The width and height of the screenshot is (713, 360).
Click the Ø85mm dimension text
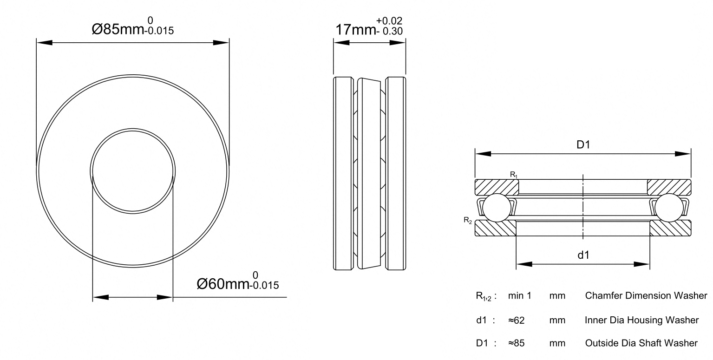point(118,29)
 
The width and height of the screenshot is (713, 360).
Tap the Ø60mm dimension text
point(223,284)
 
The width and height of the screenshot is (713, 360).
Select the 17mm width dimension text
point(355,30)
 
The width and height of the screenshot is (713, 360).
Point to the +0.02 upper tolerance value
point(389,21)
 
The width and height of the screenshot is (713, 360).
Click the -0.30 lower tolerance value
point(389,31)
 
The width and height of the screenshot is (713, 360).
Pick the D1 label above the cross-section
point(583,145)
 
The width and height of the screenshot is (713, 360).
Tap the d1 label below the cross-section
point(583,255)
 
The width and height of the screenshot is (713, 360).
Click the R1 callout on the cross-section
point(514,175)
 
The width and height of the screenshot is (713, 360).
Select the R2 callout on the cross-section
point(468,220)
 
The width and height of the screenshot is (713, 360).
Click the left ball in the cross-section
point(497,208)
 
